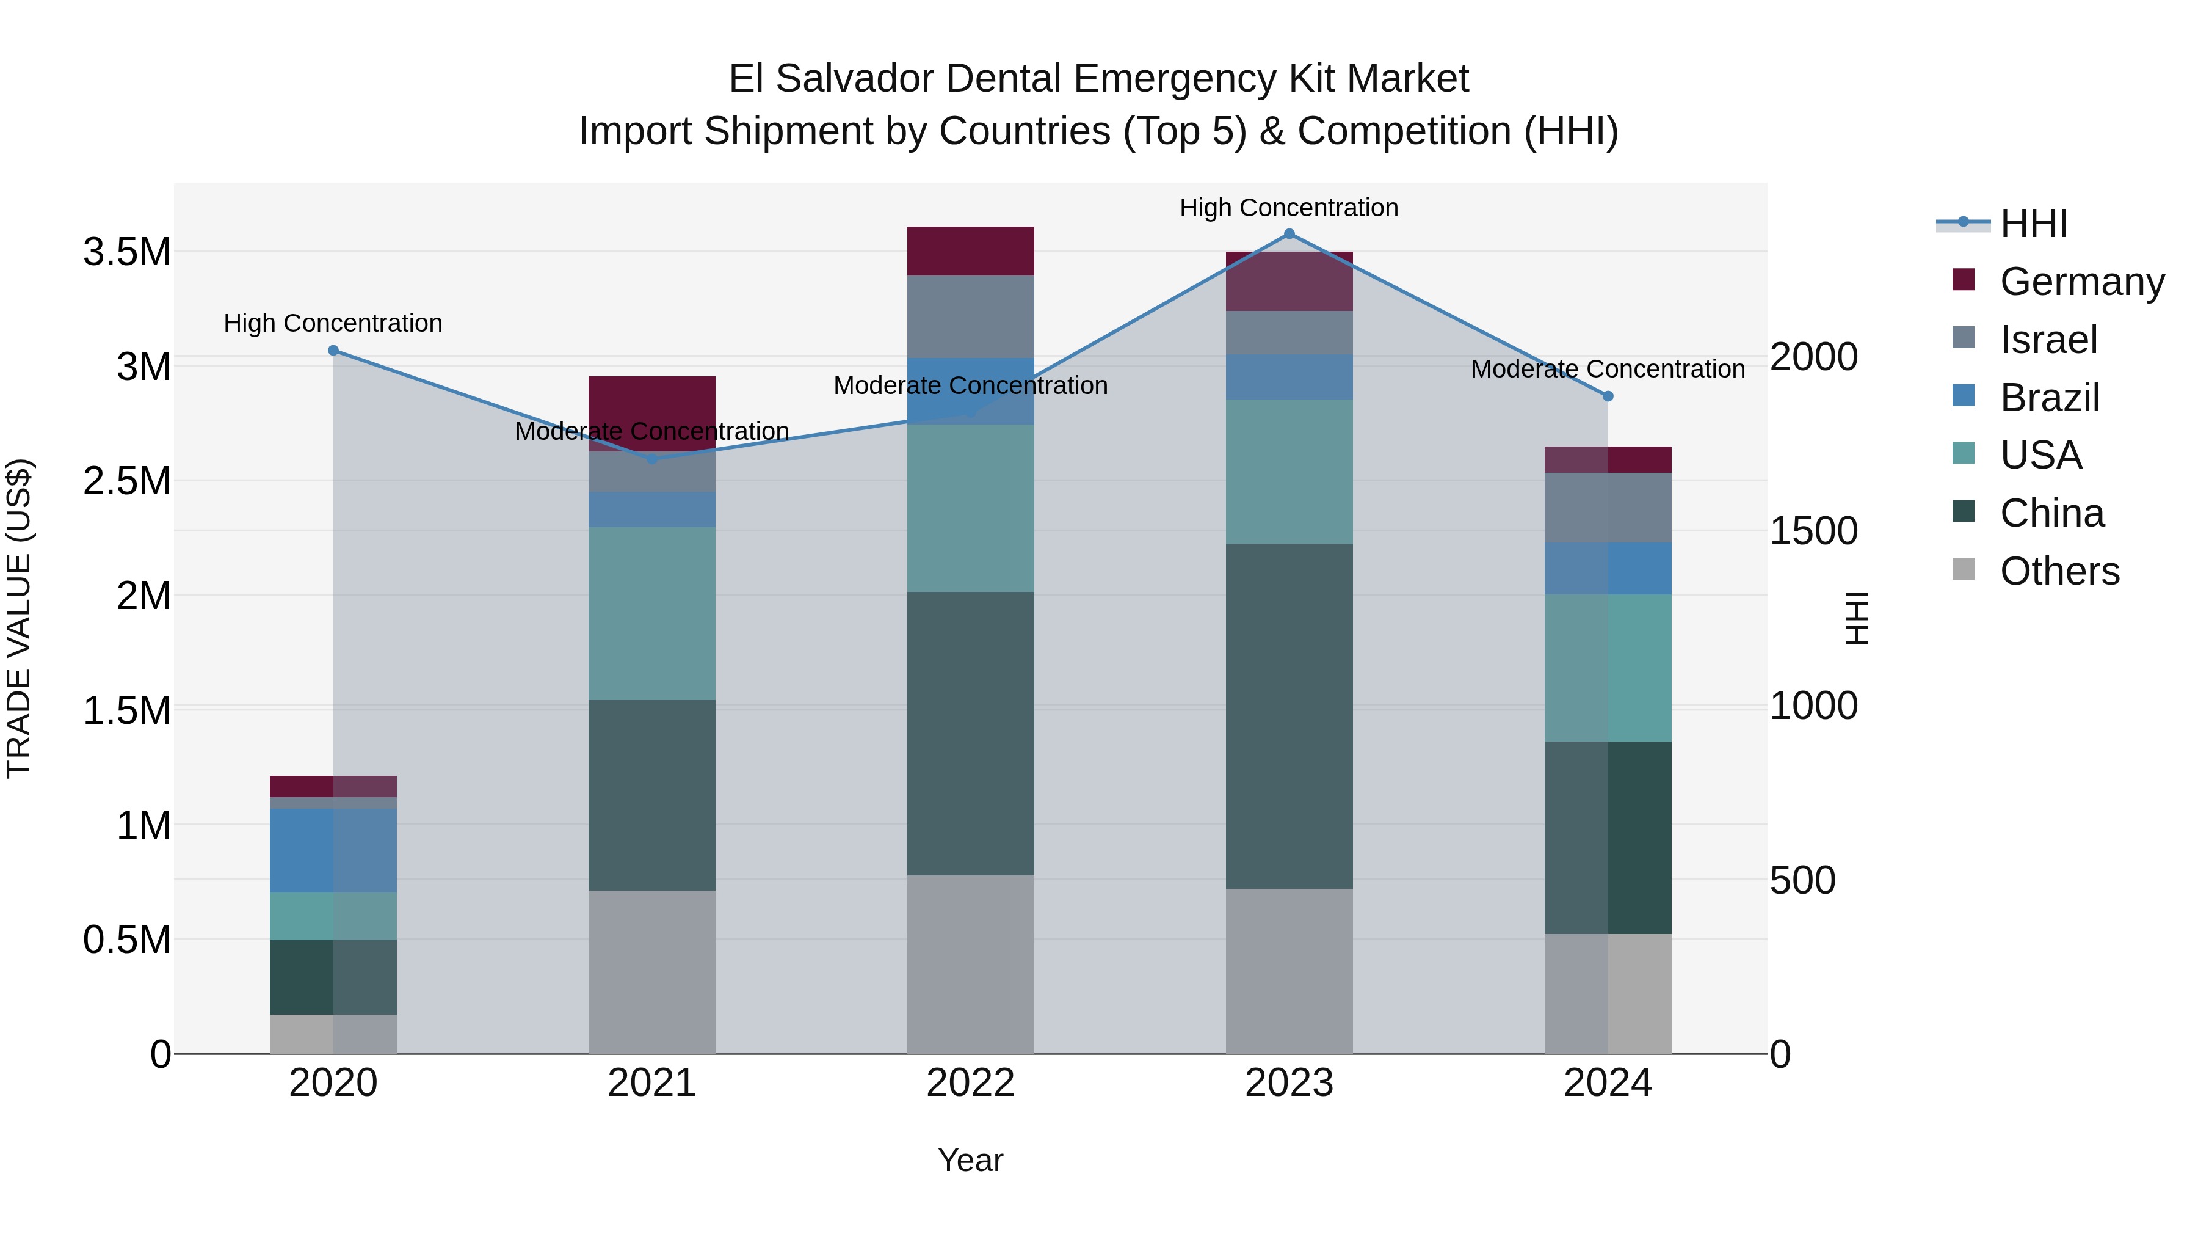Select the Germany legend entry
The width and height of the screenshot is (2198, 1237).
(x=2082, y=282)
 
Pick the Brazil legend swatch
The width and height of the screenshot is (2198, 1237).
(x=1964, y=396)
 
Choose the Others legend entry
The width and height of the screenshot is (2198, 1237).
(x=2059, y=571)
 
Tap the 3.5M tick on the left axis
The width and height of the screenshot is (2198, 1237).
(x=127, y=253)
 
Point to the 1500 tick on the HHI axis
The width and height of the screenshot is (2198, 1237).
(x=1813, y=531)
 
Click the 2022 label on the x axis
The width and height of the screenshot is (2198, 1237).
(x=970, y=1083)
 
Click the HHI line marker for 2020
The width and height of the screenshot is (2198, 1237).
(x=333, y=351)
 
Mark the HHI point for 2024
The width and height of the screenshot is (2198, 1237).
(x=1608, y=396)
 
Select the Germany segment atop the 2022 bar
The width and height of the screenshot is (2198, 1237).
(x=970, y=251)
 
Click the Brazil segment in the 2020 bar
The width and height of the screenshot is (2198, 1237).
(x=333, y=850)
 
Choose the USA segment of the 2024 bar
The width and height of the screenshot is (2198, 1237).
(x=1608, y=668)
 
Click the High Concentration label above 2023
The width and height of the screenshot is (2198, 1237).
(x=1288, y=208)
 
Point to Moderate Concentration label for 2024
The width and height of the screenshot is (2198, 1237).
(x=1608, y=370)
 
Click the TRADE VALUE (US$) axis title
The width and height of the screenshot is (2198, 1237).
(x=19, y=618)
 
